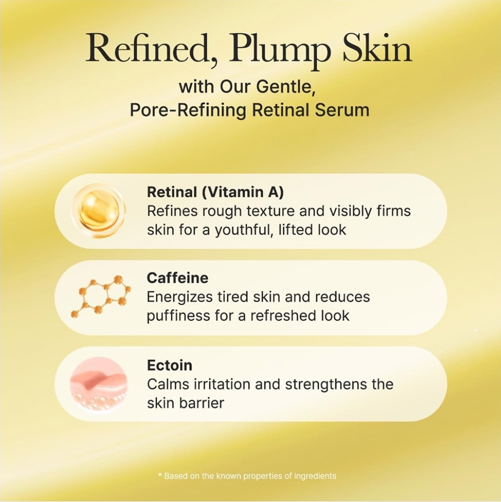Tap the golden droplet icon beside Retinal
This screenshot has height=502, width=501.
[x=98, y=210]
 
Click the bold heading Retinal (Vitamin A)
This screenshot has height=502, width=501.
[x=215, y=192]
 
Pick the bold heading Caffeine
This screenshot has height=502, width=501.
[x=178, y=277]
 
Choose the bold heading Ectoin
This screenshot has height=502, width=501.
[x=170, y=365]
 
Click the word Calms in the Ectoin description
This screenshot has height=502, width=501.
[x=168, y=384]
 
